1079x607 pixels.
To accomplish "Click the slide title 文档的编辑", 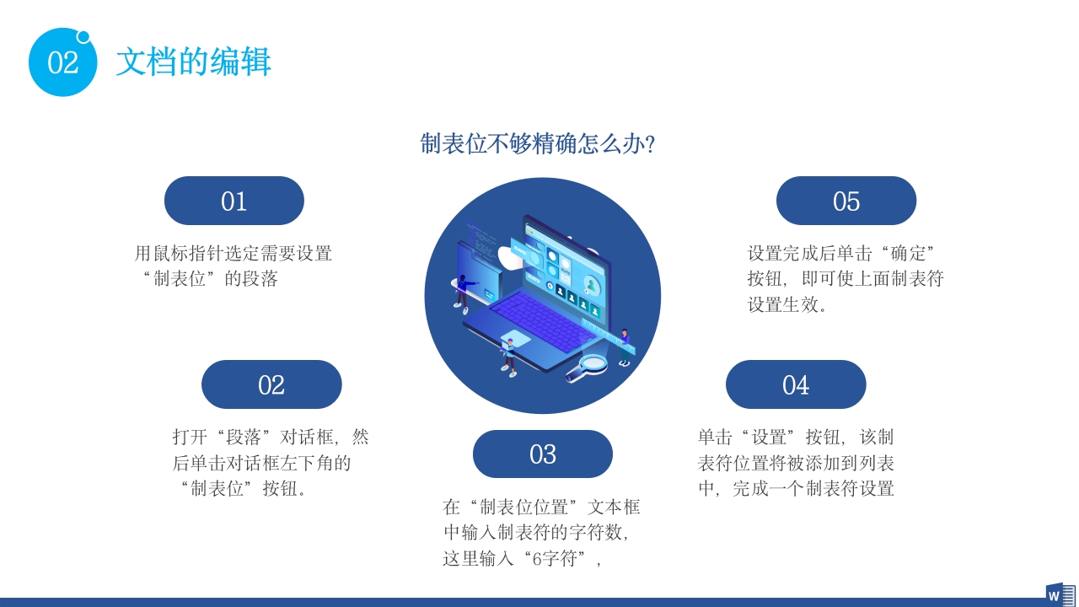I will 193,62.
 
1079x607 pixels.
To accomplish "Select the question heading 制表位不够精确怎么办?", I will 538,144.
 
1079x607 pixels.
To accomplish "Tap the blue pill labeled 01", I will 234,201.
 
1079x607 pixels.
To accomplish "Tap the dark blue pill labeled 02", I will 271,384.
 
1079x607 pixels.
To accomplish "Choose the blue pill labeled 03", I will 542,454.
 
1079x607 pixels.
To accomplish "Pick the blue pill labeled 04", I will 796,384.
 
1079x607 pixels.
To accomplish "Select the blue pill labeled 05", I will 845,201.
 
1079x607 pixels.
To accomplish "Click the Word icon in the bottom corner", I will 1060,594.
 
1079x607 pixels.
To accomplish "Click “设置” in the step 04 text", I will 769,437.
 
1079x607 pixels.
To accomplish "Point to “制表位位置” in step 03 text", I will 527,507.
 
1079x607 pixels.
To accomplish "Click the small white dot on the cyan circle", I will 83,36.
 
